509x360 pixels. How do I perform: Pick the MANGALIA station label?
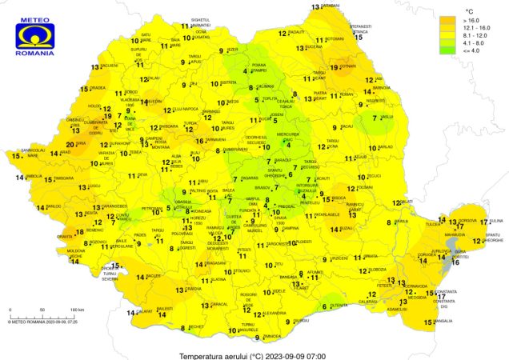coord(443,322)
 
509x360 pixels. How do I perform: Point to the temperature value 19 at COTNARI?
coord(335,67)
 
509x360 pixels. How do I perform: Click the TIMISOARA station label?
coord(64,178)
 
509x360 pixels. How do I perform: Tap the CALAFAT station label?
coord(145,311)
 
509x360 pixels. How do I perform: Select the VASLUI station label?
coord(387,117)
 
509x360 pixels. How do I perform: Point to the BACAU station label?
coord(347,127)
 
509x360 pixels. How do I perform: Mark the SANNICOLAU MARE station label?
coord(32,150)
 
